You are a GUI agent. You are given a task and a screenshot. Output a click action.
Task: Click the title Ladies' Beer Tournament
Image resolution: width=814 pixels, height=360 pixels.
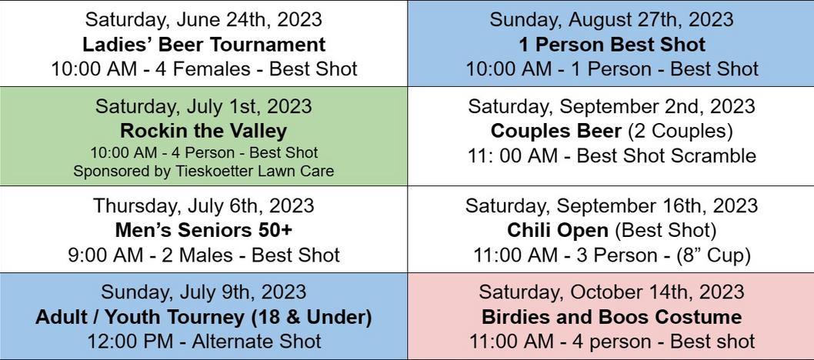click(x=204, y=45)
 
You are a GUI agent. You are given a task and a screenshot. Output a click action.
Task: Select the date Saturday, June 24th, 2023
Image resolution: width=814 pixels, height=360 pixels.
click(x=203, y=20)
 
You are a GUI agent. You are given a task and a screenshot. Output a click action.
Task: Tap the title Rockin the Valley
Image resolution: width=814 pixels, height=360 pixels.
click(x=203, y=131)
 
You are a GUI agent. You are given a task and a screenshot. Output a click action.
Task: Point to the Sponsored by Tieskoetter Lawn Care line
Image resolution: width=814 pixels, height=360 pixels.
click(x=203, y=171)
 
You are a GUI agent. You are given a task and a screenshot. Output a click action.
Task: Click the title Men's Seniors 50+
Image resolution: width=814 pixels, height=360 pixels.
click(x=203, y=230)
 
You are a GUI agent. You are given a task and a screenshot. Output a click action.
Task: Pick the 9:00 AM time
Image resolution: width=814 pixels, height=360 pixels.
click(x=105, y=255)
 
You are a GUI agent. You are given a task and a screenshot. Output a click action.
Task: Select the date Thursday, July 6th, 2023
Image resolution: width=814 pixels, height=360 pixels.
click(x=203, y=205)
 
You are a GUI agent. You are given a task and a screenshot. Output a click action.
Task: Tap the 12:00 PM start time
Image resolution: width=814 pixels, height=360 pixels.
click(x=124, y=342)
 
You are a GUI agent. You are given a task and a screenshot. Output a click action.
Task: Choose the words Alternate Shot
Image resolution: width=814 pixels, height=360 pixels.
click(x=256, y=342)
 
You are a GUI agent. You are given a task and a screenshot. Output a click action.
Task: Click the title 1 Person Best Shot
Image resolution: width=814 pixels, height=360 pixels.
click(x=612, y=45)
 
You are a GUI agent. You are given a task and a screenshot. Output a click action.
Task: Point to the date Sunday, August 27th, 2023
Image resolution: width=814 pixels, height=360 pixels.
click(x=612, y=20)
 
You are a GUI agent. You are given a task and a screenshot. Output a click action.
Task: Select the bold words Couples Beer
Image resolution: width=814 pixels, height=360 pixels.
click(x=556, y=132)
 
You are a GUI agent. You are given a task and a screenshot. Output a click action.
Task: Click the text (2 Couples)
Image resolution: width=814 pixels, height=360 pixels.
click(x=680, y=132)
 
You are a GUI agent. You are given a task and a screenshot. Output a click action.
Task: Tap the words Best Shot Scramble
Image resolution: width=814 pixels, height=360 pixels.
click(x=666, y=155)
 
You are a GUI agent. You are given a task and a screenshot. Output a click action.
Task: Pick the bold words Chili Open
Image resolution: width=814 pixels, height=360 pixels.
click(x=558, y=230)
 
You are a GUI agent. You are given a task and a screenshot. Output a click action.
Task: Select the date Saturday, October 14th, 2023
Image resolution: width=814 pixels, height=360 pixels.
click(x=612, y=292)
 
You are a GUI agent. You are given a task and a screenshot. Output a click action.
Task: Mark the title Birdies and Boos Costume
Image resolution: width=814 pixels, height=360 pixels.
click(x=612, y=317)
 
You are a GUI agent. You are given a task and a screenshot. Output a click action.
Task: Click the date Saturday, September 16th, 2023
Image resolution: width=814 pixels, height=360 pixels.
click(x=612, y=205)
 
